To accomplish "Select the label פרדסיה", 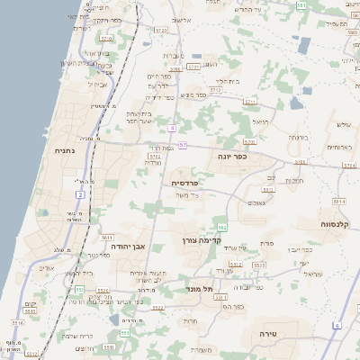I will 186,182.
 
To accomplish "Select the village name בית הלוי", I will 228,81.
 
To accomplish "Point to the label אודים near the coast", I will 48,268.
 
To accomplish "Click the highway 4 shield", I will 171,128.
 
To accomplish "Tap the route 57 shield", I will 183,145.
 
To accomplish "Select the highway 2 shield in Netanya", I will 80,194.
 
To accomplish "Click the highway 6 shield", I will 337,325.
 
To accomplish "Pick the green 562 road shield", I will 221,228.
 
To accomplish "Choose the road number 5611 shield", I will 106,235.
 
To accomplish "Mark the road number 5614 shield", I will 338,202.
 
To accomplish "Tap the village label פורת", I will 266,244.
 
